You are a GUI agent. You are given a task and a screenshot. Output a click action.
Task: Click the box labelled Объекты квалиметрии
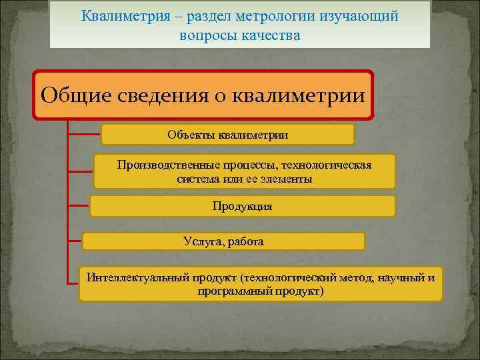coord(227,135)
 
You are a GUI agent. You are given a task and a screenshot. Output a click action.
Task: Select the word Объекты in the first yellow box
coord(191,135)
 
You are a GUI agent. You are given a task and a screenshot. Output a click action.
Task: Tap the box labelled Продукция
coord(242,206)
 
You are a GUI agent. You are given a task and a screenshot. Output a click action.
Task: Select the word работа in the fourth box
coord(245,241)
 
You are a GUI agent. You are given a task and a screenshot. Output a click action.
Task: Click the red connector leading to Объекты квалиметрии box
coord(85,133)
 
